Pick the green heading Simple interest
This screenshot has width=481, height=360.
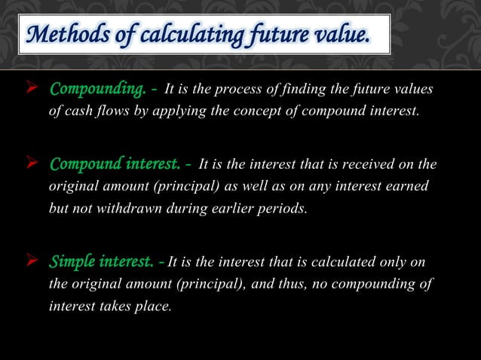coord(103,262)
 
